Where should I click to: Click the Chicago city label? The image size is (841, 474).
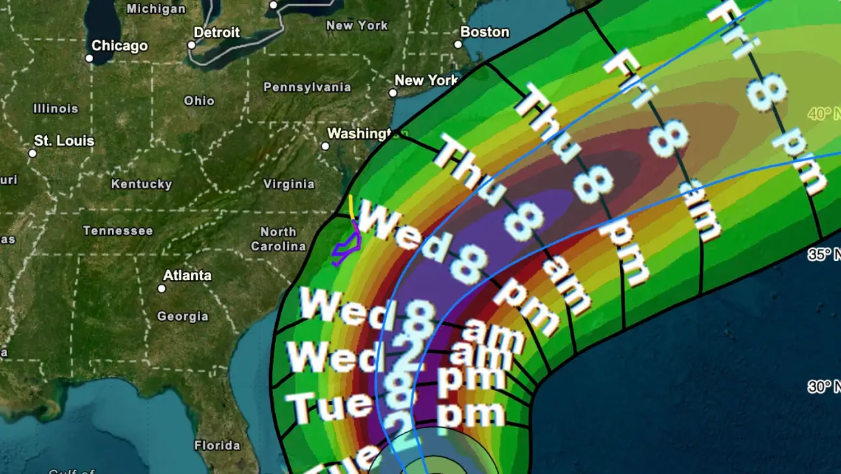119,46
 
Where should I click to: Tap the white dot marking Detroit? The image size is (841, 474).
192,45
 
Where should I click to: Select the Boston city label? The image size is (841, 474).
484,32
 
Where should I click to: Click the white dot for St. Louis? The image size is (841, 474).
33,153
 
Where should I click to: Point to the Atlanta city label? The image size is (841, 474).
187,276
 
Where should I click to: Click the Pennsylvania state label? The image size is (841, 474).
307,87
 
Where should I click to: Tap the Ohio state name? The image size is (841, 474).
199,101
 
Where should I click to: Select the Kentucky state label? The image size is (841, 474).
141,184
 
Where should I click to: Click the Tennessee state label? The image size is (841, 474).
118,230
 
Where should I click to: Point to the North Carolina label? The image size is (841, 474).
278,239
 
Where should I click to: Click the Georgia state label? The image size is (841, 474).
183,317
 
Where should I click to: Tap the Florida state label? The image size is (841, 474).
217,446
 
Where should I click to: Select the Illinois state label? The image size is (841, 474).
55,108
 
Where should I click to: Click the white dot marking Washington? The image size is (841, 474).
325,146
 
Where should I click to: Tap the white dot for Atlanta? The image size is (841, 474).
162,288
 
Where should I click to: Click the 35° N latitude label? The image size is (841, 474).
823,255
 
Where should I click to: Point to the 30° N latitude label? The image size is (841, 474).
823,387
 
